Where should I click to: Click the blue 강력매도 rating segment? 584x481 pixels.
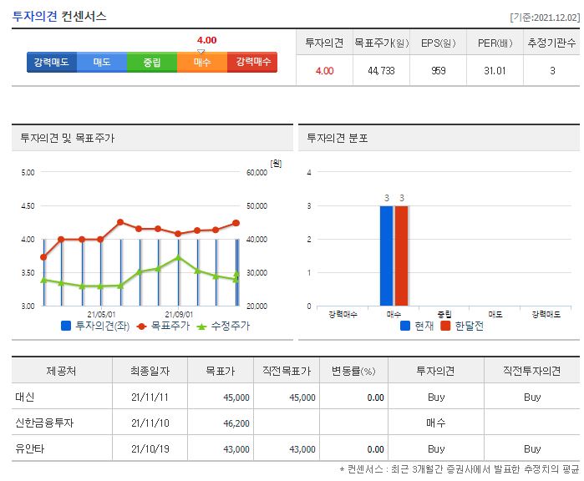pos(52,63)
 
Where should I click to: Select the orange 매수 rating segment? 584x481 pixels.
pos(201,63)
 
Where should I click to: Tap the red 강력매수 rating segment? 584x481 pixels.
pos(252,63)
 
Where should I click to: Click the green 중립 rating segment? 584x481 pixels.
pos(151,63)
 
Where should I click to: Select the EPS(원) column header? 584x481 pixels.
pos(438,43)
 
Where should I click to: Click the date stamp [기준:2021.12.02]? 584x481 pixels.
pos(543,17)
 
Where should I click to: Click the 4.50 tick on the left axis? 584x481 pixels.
pos(27,206)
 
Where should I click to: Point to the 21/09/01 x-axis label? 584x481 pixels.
pos(179,316)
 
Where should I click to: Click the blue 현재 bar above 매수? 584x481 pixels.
pos(386,256)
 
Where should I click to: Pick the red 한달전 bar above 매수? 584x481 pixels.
pos(401,256)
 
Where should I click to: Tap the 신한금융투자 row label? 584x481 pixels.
pos(44,423)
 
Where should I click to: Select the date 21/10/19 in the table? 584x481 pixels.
pos(151,448)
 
